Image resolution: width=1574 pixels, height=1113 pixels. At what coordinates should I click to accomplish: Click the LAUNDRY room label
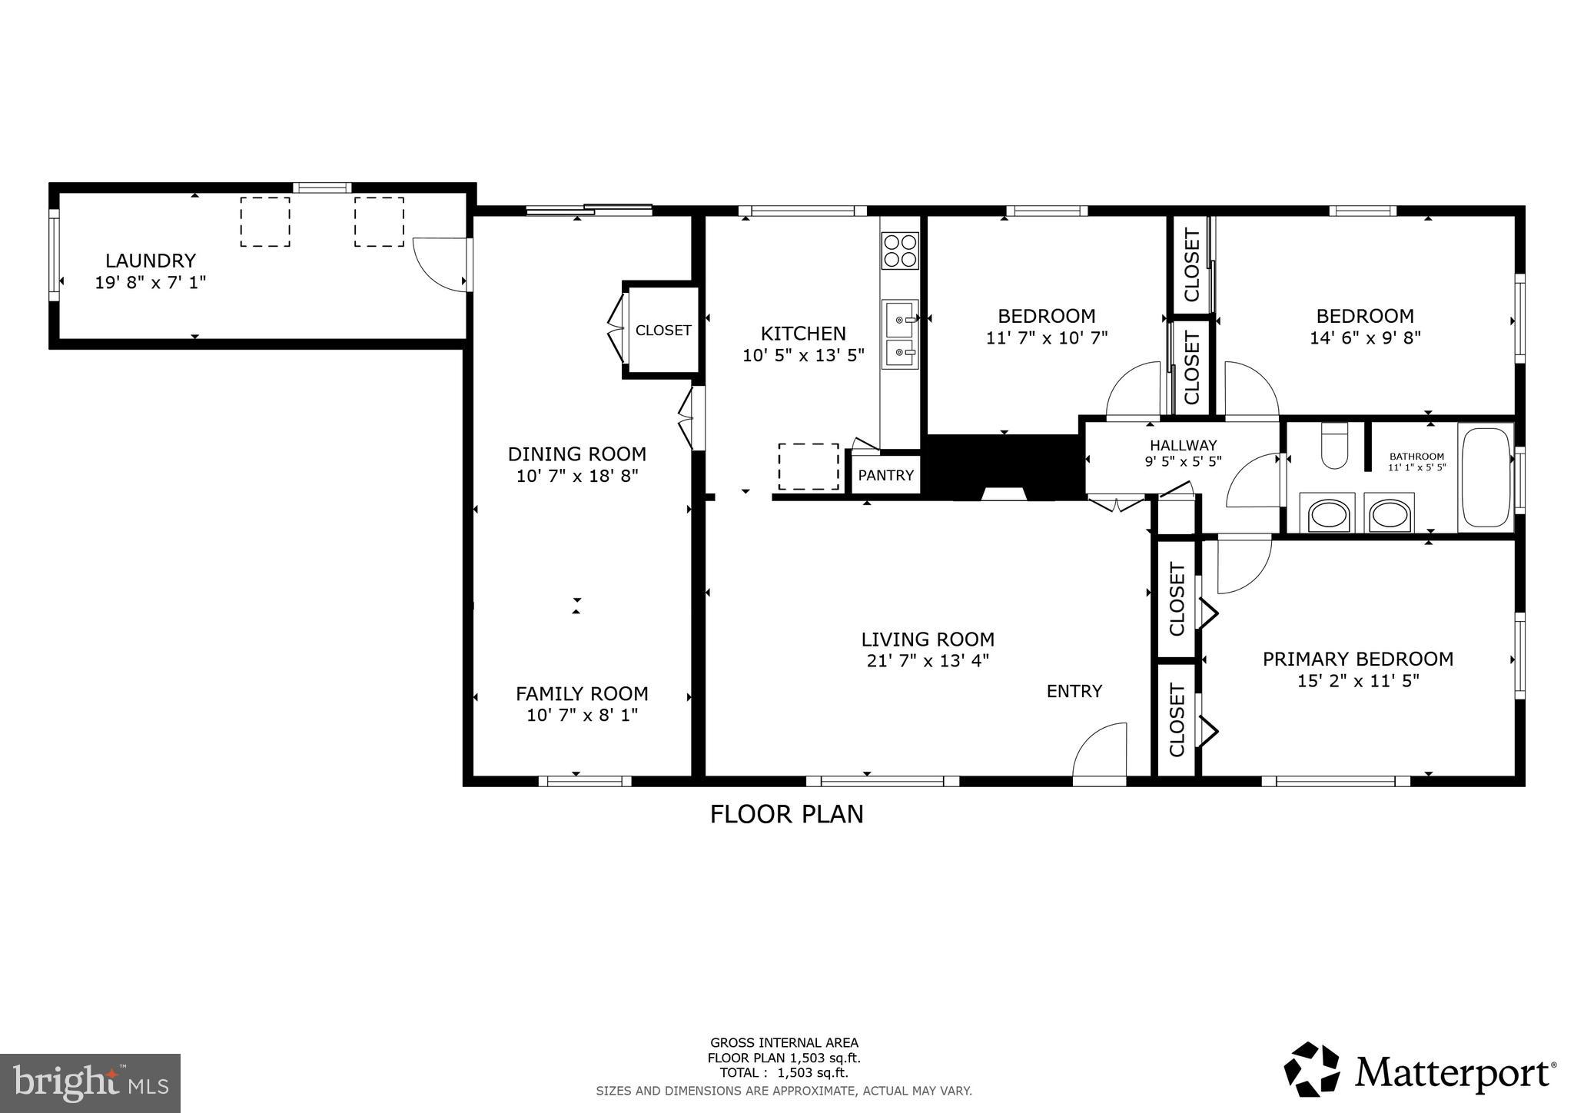pyautogui.click(x=151, y=261)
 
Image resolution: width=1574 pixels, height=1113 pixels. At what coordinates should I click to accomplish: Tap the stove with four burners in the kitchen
pyautogui.click(x=900, y=250)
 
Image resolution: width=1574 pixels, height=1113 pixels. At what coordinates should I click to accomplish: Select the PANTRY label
pyautogui.click(x=885, y=475)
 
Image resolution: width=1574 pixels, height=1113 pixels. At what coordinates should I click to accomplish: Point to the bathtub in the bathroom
pyautogui.click(x=1485, y=477)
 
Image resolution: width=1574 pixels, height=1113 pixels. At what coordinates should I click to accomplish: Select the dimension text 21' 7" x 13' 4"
pyautogui.click(x=928, y=660)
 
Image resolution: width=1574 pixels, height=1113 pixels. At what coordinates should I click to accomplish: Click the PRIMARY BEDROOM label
pyautogui.click(x=1358, y=659)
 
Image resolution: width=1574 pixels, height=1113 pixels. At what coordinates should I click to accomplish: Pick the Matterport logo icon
pyautogui.click(x=1312, y=1069)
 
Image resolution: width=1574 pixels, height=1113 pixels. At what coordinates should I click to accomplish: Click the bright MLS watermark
pyautogui.click(x=91, y=1083)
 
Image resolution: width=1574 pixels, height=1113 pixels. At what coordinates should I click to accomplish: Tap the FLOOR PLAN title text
pyautogui.click(x=786, y=814)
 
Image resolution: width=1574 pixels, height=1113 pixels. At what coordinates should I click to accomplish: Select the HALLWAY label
pyautogui.click(x=1183, y=445)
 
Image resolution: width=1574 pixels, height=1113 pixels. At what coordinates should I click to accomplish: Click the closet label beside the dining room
pyautogui.click(x=663, y=331)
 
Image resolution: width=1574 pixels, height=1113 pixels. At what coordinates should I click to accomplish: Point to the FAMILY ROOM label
pyautogui.click(x=582, y=693)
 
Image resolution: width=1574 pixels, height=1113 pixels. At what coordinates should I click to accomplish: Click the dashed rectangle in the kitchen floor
pyautogui.click(x=808, y=467)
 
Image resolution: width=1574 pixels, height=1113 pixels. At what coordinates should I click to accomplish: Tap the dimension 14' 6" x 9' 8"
pyautogui.click(x=1365, y=337)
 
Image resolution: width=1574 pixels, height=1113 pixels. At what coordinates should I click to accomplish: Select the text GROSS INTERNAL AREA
pyautogui.click(x=784, y=1043)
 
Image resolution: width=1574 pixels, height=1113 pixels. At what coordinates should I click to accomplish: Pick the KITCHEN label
pyautogui.click(x=803, y=334)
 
